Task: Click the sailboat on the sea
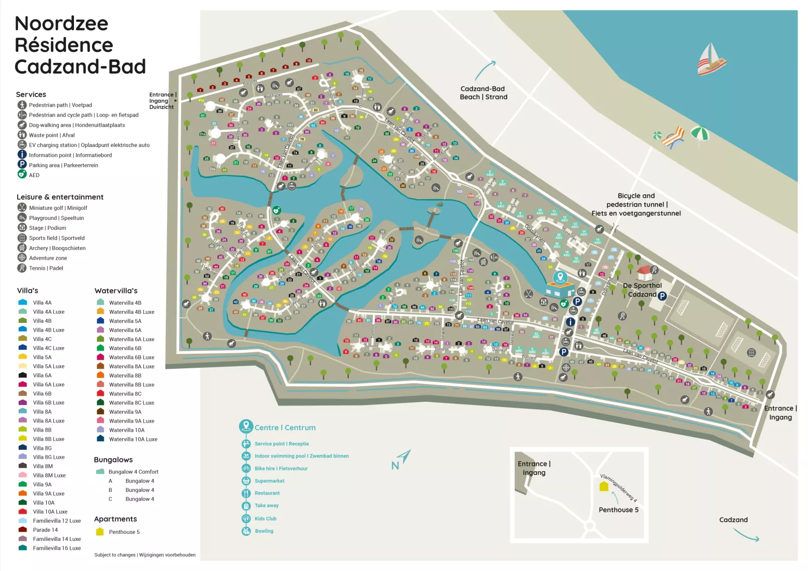coord(711,60)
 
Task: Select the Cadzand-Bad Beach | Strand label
coord(483,93)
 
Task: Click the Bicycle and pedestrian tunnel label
coord(636,204)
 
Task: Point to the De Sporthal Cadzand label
coord(642,290)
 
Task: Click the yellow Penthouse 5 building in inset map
coord(604,486)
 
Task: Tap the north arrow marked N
coord(400,460)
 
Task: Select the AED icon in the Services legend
coord(22,175)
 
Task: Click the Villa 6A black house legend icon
coord(23,375)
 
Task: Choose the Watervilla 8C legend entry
coord(125,394)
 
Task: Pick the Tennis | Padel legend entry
coord(46,268)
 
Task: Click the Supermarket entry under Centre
coord(269,481)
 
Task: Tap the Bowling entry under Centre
coord(264,531)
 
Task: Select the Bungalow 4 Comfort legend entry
coord(133,472)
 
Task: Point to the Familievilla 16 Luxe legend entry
coord(56,548)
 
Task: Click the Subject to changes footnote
coord(145,555)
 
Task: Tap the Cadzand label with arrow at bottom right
coord(733,520)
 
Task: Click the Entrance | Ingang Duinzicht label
coord(161,101)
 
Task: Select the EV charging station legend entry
coord(89,145)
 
